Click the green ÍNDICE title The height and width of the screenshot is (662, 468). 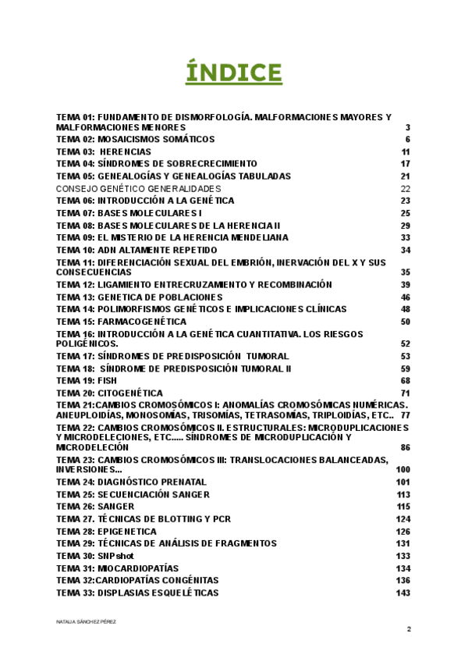233,73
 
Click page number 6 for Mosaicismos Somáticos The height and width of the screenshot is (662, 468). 407,140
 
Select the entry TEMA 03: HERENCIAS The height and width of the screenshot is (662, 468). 104,151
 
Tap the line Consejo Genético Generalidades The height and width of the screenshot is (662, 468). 138,188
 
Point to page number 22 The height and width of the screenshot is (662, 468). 406,188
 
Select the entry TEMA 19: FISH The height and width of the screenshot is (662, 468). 86,380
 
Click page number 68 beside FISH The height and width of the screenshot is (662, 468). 406,380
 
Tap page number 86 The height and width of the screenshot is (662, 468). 406,448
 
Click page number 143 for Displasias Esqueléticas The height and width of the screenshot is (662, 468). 403,593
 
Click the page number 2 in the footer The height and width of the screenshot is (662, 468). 408,629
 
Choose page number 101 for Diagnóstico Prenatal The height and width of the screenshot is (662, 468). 403,482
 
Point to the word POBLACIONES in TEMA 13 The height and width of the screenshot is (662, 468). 186,297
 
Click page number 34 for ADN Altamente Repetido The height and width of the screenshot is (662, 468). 406,250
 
